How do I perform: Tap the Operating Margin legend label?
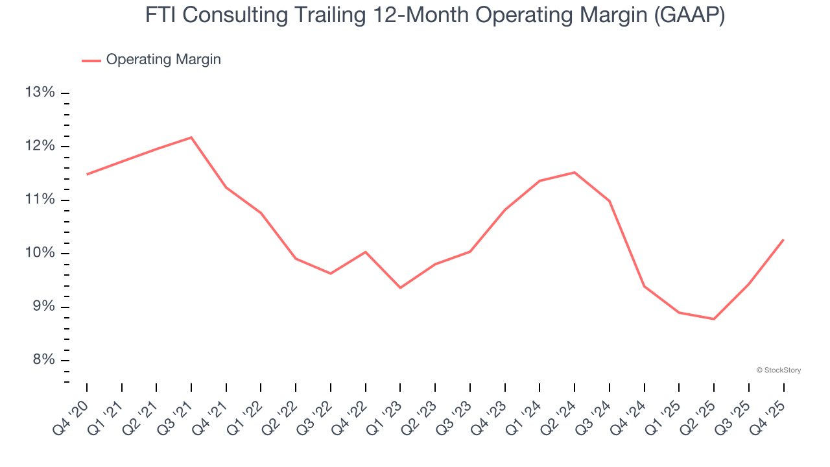(163, 60)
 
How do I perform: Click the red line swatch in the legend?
(91, 60)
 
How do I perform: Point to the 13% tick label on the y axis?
(40, 93)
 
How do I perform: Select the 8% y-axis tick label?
(43, 360)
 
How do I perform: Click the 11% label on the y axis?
(40, 200)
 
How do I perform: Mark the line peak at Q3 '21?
(191, 138)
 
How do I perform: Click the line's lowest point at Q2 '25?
(714, 318)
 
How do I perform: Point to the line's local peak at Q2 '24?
(575, 173)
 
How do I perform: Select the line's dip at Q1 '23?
(400, 287)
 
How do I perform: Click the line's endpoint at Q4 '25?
(783, 240)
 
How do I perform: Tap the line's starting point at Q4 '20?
(87, 174)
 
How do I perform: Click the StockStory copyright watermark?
(778, 370)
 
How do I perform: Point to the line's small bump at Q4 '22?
(366, 252)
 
